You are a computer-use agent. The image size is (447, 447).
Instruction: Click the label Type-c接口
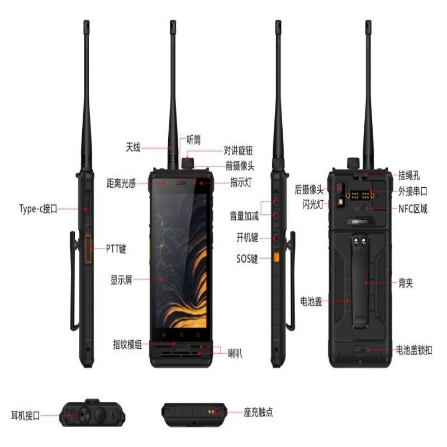click(38, 208)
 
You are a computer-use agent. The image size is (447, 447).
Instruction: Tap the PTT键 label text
click(116, 249)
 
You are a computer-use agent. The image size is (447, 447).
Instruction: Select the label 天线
click(133, 148)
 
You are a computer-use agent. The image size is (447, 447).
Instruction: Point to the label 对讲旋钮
click(238, 150)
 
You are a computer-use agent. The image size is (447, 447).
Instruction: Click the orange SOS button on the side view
click(276, 257)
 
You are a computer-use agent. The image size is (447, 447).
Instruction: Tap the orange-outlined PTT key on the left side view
click(88, 249)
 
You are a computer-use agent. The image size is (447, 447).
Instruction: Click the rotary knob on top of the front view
click(188, 163)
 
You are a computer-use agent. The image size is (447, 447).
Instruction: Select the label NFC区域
click(413, 209)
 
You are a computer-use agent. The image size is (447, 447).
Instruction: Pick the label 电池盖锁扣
click(414, 350)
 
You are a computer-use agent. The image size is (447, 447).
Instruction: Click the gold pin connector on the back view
click(360, 196)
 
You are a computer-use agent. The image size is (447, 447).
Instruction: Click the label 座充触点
click(258, 412)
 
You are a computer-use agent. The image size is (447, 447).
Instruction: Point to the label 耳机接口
click(25, 415)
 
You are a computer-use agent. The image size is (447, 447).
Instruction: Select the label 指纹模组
click(127, 344)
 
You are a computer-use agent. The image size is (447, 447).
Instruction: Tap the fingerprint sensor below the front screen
click(181, 347)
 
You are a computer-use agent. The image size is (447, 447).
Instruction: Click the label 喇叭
click(235, 354)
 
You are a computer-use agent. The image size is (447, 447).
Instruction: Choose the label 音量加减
click(244, 216)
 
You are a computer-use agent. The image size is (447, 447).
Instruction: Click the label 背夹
click(406, 283)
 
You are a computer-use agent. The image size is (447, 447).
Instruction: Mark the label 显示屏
click(121, 280)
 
